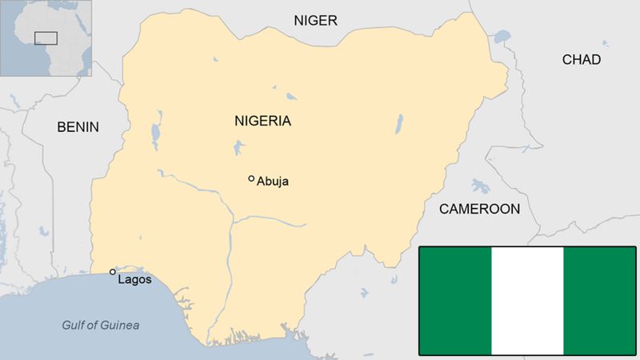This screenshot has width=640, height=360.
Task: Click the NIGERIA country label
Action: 262,122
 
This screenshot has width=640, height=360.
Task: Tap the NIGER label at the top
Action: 316,20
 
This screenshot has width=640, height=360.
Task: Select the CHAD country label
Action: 582,59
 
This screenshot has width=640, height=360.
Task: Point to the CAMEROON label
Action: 478,209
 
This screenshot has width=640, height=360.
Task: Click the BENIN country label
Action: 78,126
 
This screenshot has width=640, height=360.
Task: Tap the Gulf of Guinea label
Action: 101,325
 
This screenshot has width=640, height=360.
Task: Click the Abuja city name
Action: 273,182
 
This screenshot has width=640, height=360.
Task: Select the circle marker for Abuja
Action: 251,178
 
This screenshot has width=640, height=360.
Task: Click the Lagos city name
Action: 134,279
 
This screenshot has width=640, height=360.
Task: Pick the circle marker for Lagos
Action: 113,272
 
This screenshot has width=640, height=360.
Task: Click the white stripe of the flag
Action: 527,301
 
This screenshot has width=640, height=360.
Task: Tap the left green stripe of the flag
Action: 455,301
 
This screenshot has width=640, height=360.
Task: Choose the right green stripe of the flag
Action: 599,301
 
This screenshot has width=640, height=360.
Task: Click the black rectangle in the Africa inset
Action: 46,37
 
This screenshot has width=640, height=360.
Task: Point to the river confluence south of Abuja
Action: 232,220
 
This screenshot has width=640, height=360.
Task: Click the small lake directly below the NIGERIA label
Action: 238,147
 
